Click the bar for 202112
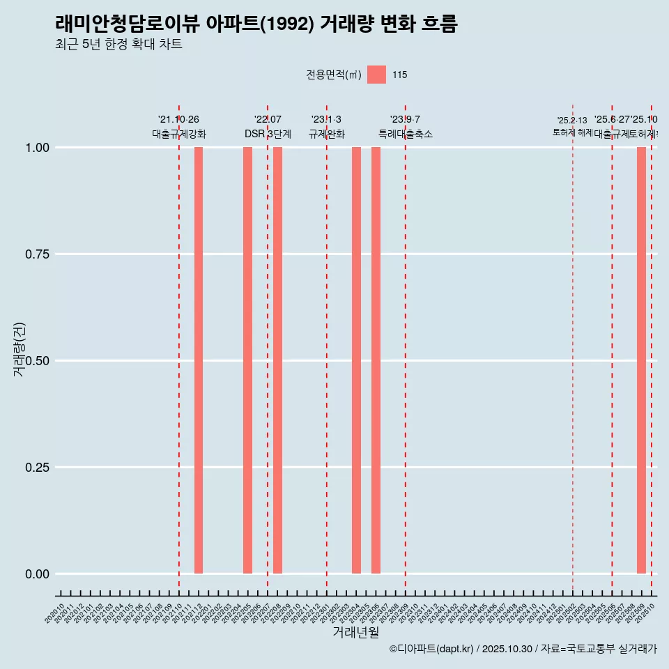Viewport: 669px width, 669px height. point(199,360)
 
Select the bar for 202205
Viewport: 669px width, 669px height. point(247,360)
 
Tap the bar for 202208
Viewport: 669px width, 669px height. point(277,360)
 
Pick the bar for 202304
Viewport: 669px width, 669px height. point(356,360)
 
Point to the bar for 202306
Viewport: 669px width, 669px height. point(376,360)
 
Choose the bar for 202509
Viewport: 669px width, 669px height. point(641,360)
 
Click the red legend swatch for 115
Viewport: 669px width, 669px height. point(376,75)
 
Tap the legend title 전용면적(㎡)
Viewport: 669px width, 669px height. point(333,75)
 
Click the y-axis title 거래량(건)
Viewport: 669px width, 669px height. point(20,349)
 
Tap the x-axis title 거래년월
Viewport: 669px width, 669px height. point(355,633)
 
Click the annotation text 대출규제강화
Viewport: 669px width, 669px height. point(179,134)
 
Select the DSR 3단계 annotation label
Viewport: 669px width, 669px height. point(268,134)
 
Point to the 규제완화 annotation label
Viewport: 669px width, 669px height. point(327,134)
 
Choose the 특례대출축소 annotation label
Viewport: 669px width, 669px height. point(406,134)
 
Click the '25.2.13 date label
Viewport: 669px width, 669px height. point(572,121)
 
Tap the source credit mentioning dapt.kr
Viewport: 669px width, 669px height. point(523,649)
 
